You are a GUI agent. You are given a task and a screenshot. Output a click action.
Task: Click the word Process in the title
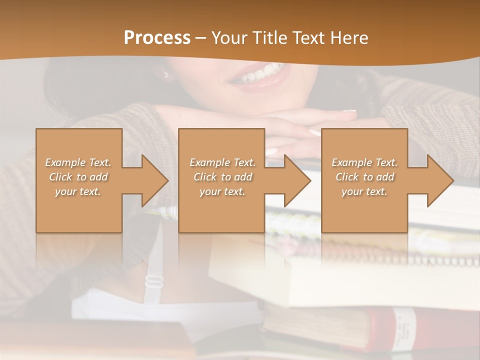pyautogui.click(x=157, y=37)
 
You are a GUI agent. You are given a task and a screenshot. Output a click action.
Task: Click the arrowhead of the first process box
pyautogui.click(x=154, y=180)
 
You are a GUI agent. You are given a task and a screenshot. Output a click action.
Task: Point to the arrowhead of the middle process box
pyautogui.click(x=296, y=180)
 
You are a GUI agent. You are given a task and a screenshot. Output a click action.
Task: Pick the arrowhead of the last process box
pyautogui.click(x=439, y=180)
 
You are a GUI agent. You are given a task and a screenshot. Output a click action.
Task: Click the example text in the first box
pyautogui.click(x=78, y=177)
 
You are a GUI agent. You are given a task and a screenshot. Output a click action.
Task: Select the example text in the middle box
pyautogui.click(x=222, y=177)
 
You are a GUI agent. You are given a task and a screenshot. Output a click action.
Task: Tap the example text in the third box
pyautogui.click(x=364, y=177)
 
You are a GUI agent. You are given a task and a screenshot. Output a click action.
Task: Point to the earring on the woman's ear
pyautogui.click(x=166, y=75)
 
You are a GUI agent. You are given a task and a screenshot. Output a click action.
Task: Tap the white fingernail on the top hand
pyautogui.click(x=348, y=111)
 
